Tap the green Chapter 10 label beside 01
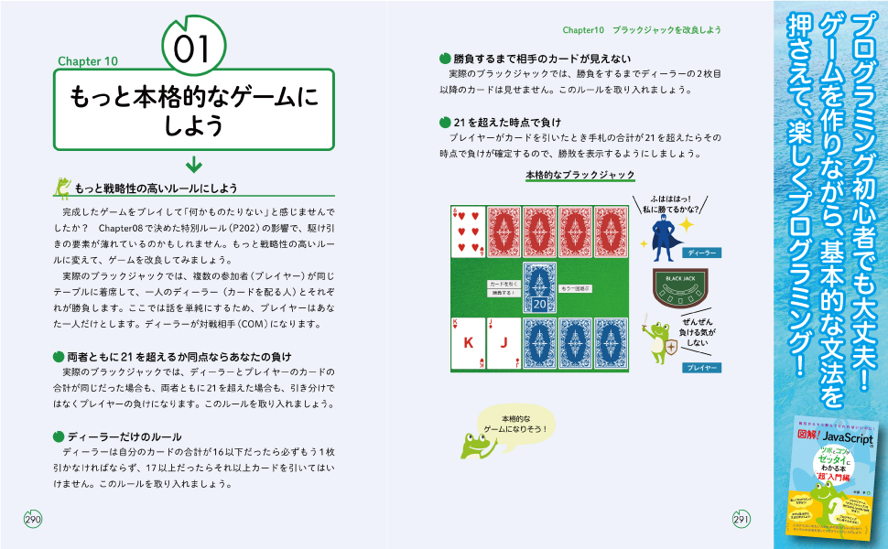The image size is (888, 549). pyautogui.click(x=88, y=62)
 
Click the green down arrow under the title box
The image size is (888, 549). pyautogui.click(x=193, y=164)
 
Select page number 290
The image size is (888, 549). pyautogui.click(x=34, y=519)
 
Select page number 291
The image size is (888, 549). pyautogui.click(x=742, y=519)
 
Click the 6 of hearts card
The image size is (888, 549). pyautogui.click(x=467, y=231)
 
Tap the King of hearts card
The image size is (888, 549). pyautogui.click(x=467, y=343)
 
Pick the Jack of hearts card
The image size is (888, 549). pyautogui.click(x=503, y=343)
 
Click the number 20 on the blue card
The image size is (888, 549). pyautogui.click(x=539, y=303)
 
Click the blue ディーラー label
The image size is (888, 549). pyautogui.click(x=702, y=252)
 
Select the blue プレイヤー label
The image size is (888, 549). pyautogui.click(x=701, y=368)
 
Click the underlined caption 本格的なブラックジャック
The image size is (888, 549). pyautogui.click(x=579, y=175)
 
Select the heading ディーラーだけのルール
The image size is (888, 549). pyautogui.click(x=124, y=436)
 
